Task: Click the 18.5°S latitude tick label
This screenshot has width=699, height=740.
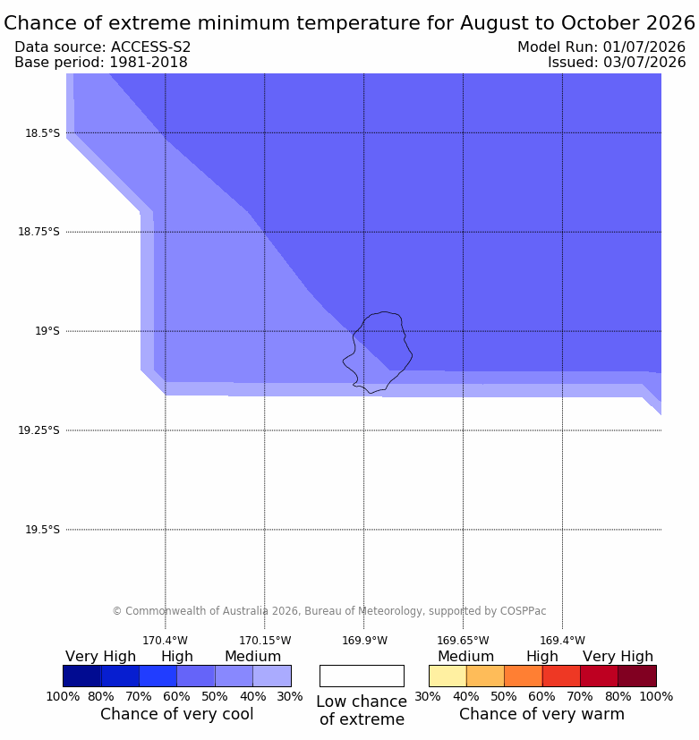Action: click(x=42, y=133)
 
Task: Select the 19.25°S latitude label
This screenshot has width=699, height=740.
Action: click(x=38, y=430)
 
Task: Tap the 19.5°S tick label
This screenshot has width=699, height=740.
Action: click(x=42, y=530)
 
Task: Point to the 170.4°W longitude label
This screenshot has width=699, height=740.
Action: click(x=166, y=641)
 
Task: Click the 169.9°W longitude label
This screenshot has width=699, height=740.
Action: click(x=364, y=641)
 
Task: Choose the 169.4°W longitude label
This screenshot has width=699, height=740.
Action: click(x=563, y=641)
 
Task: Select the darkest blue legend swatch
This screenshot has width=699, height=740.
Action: click(x=82, y=676)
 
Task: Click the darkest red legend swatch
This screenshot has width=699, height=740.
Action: click(x=637, y=676)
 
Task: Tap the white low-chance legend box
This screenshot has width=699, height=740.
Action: click(x=362, y=676)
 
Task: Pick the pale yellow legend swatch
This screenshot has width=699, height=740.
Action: click(x=448, y=676)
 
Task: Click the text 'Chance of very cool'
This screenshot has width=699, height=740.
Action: click(x=177, y=714)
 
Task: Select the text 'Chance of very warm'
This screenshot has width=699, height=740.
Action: click(x=541, y=714)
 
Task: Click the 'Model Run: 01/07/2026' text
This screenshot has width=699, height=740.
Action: click(x=601, y=47)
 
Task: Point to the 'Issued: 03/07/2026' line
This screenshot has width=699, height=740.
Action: click(x=617, y=63)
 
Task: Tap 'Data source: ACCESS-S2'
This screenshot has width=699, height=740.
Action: click(x=102, y=47)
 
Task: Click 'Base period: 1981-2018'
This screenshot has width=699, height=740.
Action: click(x=101, y=63)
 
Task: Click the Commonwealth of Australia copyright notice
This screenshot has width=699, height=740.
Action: click(x=329, y=611)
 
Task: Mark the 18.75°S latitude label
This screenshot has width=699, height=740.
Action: click(x=38, y=232)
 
